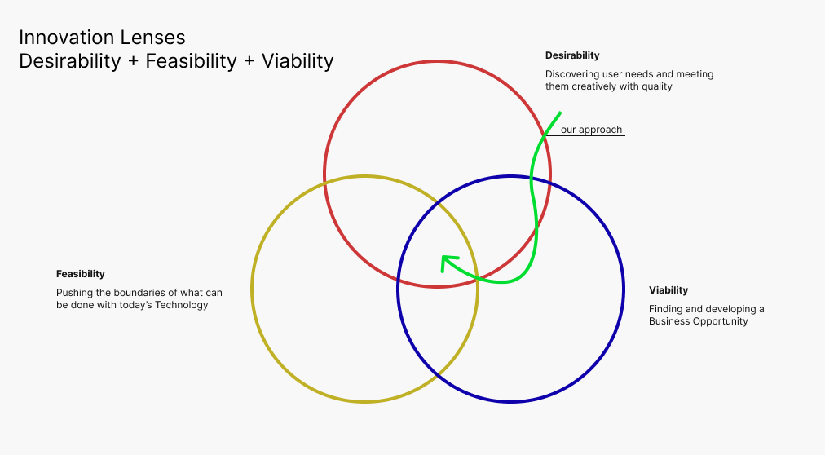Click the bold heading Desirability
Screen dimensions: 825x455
click(572, 55)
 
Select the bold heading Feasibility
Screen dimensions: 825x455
click(80, 274)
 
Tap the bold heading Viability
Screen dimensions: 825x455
click(668, 290)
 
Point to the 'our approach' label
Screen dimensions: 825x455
click(591, 130)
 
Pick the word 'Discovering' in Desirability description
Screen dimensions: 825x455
click(571, 74)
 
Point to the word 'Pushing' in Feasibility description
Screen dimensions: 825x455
click(73, 292)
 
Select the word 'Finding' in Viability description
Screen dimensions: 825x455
click(666, 309)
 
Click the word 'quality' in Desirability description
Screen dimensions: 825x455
click(657, 86)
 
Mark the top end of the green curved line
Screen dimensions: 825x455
click(561, 113)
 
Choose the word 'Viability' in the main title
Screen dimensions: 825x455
click(298, 61)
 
